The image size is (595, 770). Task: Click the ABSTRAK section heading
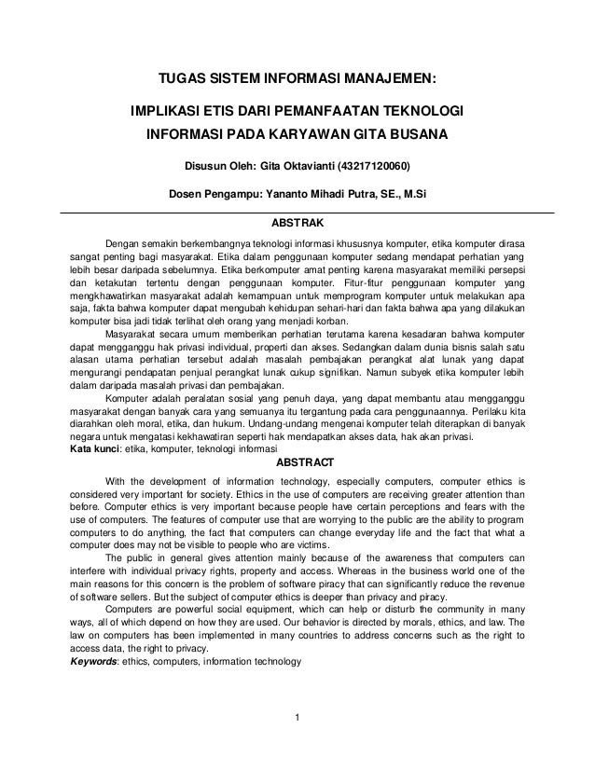(297, 225)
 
